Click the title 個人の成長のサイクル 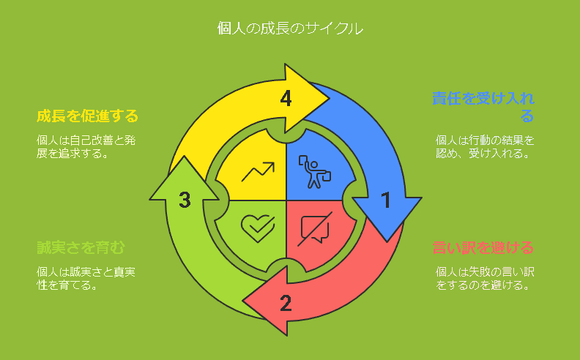click(290, 29)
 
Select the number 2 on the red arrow click(286, 302)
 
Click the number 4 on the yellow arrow click(286, 98)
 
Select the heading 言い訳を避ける click(483, 247)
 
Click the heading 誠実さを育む click(81, 247)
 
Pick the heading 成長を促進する click(87, 116)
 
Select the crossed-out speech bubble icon click(315, 228)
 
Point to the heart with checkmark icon click(257, 228)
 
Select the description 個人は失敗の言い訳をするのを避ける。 click(485, 279)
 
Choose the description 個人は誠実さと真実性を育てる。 click(87, 279)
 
